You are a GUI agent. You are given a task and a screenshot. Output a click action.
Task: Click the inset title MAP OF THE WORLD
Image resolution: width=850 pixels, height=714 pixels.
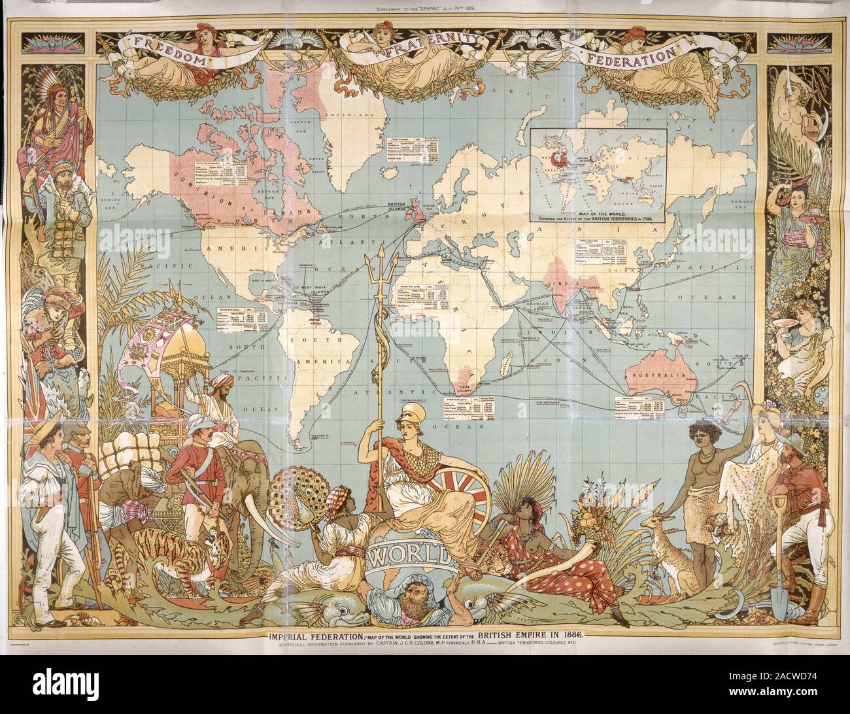point(597,214)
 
